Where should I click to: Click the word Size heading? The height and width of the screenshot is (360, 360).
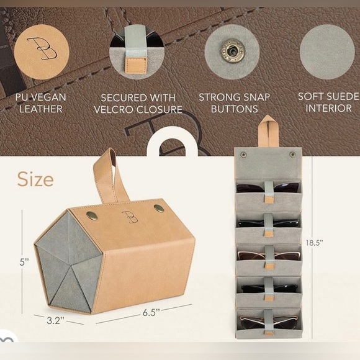[35, 179]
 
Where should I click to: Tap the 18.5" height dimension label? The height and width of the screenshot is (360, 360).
[314, 243]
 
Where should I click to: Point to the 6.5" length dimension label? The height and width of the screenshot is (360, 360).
[151, 312]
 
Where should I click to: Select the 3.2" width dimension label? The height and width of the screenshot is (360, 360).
[55, 320]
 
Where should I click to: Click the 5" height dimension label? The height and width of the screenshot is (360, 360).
[24, 262]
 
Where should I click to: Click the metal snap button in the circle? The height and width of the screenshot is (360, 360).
[232, 51]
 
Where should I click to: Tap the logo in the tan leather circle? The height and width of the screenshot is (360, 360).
[42, 48]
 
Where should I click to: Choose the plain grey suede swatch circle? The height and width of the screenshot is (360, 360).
[327, 52]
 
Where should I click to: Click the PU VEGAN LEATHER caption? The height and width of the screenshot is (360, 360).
[41, 103]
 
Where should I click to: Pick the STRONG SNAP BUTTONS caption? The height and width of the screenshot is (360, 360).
[234, 103]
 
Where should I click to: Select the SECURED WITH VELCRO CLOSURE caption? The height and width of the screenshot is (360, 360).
[138, 104]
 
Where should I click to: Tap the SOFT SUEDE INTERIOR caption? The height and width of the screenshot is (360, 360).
[329, 102]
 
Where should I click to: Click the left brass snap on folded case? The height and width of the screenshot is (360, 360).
[92, 215]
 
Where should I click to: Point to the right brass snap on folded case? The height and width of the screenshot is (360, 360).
[159, 209]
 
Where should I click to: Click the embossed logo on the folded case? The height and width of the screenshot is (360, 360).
[130, 217]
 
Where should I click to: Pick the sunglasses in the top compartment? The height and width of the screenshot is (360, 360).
[268, 187]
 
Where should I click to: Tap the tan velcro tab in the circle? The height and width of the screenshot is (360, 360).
[135, 65]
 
